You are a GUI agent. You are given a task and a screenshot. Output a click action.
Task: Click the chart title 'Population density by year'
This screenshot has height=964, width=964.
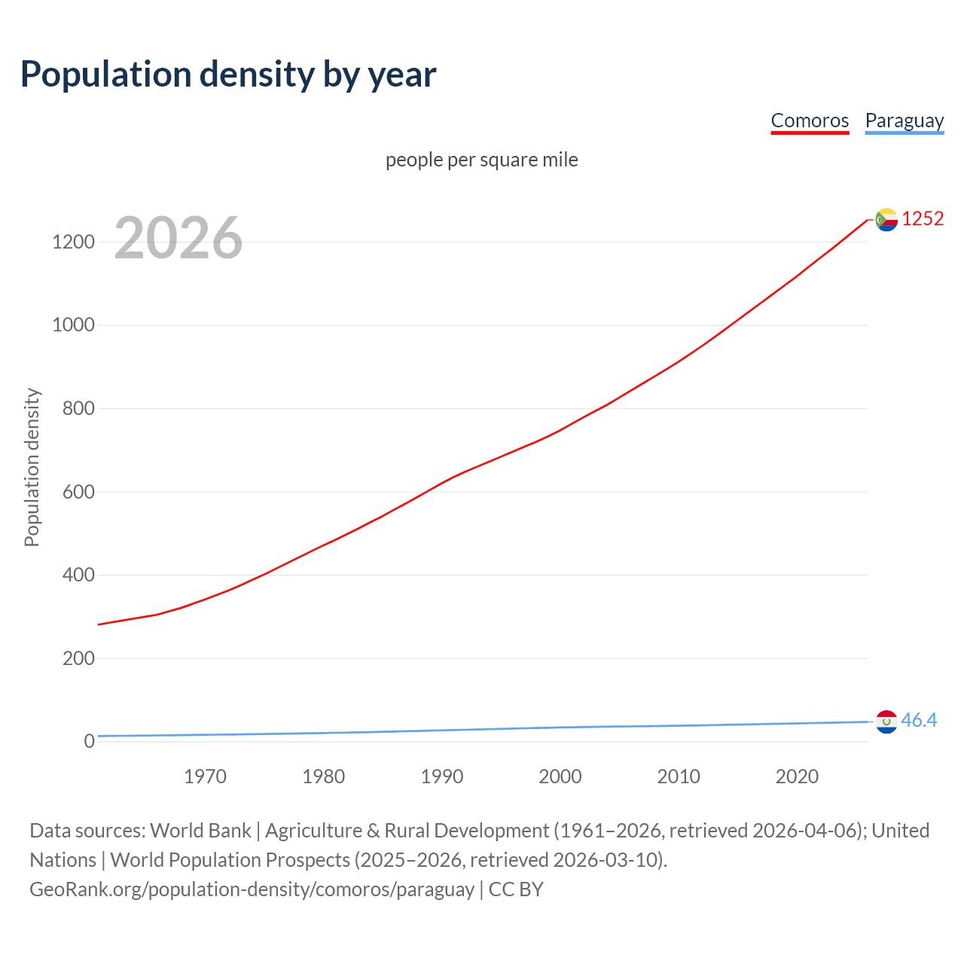click(228, 74)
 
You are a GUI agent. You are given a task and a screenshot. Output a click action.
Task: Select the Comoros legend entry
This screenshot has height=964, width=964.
click(810, 120)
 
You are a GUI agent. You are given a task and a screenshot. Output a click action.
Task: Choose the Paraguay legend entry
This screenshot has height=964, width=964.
click(904, 120)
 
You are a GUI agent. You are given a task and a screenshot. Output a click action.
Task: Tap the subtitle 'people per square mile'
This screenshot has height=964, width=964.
click(482, 160)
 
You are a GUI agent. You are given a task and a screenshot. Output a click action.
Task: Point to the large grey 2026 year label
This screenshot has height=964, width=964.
click(178, 238)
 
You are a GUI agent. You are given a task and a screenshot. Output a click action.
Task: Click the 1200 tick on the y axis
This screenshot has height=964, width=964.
click(73, 242)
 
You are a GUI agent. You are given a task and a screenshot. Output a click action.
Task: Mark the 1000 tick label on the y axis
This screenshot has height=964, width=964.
click(73, 325)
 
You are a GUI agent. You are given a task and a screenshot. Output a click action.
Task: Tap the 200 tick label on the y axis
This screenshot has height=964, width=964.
click(78, 658)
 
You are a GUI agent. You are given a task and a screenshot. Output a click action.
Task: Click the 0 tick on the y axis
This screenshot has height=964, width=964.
click(90, 741)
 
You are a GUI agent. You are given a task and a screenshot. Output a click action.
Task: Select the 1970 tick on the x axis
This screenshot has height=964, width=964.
click(205, 776)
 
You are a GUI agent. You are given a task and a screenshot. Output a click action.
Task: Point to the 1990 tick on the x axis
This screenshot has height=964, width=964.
click(442, 776)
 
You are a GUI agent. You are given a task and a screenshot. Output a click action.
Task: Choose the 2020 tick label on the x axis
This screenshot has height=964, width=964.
click(797, 776)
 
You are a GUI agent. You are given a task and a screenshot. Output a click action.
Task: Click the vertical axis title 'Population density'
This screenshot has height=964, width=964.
click(32, 467)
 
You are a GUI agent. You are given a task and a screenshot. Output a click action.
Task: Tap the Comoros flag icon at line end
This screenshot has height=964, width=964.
click(886, 219)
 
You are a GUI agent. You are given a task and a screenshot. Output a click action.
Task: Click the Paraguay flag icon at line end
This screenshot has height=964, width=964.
click(886, 721)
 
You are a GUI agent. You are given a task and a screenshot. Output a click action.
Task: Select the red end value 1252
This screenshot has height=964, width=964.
click(923, 218)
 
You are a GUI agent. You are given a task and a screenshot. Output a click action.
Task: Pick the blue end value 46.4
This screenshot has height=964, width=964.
click(919, 721)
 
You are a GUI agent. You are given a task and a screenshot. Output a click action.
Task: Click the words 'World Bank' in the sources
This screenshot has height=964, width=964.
click(200, 831)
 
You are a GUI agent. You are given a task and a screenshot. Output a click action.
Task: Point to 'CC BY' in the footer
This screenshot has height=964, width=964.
click(516, 889)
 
